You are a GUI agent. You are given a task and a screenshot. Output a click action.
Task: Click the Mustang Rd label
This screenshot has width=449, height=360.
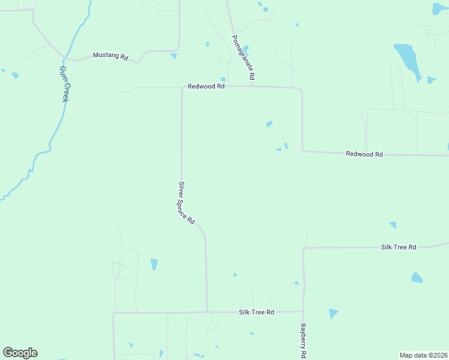(111, 56)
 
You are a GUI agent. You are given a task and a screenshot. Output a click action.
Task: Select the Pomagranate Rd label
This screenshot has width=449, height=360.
(244, 58)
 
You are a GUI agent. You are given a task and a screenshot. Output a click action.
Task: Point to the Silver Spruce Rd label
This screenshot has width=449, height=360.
(187, 203)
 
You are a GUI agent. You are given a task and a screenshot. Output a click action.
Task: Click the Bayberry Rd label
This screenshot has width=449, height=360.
(304, 341)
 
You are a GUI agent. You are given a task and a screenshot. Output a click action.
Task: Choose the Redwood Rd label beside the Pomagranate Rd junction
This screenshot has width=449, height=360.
(206, 86)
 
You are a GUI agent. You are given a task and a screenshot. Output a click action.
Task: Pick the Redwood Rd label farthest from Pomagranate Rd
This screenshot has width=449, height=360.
(364, 154)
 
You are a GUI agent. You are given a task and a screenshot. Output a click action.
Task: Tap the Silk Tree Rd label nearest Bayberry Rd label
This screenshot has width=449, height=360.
(256, 312)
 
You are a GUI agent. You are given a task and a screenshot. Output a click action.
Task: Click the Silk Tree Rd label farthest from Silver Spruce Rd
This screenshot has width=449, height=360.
(399, 247)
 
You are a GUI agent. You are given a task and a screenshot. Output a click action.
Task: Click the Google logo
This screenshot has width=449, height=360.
(20, 353)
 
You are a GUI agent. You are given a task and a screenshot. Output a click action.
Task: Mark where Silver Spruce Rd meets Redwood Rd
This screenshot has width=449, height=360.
(182, 88)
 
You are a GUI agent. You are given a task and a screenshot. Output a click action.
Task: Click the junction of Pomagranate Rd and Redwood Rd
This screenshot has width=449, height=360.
(252, 86)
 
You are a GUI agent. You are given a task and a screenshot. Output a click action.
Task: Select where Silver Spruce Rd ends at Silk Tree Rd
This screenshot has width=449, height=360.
(207, 311)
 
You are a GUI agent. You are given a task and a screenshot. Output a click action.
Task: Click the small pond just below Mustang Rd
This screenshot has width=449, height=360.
(173, 56)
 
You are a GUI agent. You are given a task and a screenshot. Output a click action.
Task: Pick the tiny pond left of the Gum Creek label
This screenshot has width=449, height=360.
(15, 76)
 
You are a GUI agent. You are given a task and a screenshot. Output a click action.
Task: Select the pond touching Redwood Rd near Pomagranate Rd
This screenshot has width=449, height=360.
(223, 80)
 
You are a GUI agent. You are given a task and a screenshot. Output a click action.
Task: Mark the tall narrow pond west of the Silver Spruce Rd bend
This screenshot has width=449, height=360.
(154, 264)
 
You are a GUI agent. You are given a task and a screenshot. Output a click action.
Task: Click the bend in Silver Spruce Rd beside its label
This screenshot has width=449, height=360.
(202, 229)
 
